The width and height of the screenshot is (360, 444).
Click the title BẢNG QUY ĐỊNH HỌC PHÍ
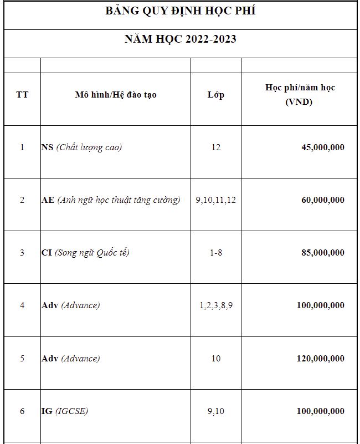[180, 12]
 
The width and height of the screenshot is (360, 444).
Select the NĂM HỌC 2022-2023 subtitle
[180, 39]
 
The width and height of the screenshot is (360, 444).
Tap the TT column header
[22, 95]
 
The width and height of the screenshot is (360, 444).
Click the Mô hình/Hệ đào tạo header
[116, 95]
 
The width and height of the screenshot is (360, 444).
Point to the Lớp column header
[215, 95]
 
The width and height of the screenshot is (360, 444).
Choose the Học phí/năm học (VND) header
[299, 95]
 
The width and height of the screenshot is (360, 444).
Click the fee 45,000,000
[322, 147]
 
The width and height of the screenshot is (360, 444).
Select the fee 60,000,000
[322, 200]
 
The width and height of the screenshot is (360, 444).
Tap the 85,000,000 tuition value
[322, 253]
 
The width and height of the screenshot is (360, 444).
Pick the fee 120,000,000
[320, 359]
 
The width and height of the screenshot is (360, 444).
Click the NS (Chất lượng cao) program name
[81, 147]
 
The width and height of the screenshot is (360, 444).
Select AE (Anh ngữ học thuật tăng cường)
[111, 200]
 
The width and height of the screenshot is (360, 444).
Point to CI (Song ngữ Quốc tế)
[85, 253]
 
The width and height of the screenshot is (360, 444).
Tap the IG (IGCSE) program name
[64, 411]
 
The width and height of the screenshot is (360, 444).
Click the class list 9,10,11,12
[215, 200]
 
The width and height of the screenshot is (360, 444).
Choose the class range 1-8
[215, 253]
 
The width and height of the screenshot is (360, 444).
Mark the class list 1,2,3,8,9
[215, 305]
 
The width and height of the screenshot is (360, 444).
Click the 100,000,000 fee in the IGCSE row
[320, 411]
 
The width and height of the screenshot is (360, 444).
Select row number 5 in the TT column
[22, 359]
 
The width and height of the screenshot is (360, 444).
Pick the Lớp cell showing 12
[215, 147]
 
